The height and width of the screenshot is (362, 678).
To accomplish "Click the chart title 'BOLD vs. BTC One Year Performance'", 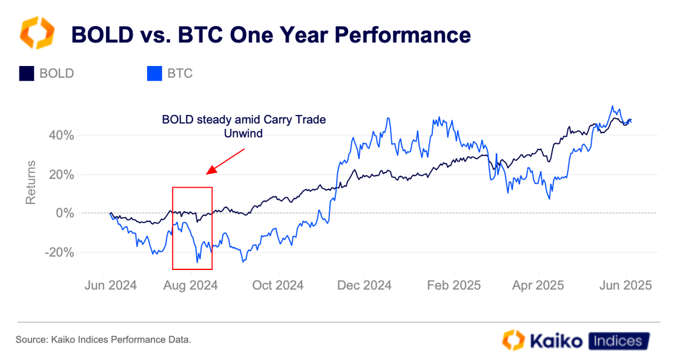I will click(x=271, y=35).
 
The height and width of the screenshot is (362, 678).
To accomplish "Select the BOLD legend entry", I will click(x=47, y=74).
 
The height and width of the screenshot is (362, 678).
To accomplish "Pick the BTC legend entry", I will click(x=171, y=74).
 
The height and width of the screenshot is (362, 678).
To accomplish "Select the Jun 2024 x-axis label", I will click(x=111, y=285).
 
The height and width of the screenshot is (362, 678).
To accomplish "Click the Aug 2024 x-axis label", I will click(x=191, y=285).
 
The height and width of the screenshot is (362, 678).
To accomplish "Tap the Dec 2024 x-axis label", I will click(x=365, y=285).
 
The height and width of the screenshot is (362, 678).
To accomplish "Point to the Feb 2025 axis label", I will click(x=454, y=285).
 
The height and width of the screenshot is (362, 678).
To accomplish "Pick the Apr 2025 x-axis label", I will click(x=538, y=285).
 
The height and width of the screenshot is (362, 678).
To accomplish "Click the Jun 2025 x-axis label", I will click(x=625, y=285).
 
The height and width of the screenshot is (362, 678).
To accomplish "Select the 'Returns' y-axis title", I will click(x=31, y=182).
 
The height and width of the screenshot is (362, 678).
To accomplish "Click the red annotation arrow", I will click(x=226, y=161).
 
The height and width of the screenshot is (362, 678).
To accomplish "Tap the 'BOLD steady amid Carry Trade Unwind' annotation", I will click(x=243, y=127).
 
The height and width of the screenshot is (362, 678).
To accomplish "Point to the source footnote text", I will click(x=103, y=340).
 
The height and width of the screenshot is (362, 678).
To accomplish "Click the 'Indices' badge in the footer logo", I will click(x=618, y=341).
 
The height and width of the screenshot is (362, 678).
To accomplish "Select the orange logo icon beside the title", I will click(x=38, y=33).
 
